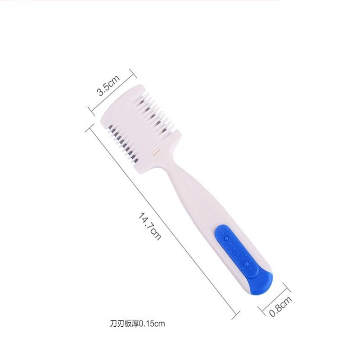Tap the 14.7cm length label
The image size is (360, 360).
(149, 226)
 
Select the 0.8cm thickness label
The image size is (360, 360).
(280, 306)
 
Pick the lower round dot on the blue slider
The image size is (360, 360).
(246, 264)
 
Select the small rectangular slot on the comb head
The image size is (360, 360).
(156, 151)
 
